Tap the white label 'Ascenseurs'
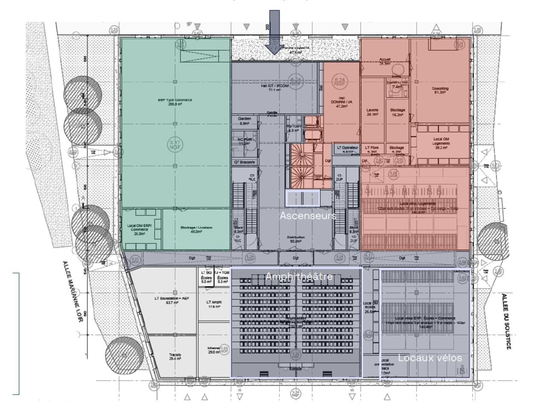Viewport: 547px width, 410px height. pyautogui.click(x=308, y=216)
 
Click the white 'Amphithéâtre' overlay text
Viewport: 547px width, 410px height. pyautogui.click(x=299, y=276)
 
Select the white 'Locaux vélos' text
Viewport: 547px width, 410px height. pyautogui.click(x=430, y=358)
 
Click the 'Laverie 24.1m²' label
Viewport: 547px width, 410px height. pyautogui.click(x=373, y=112)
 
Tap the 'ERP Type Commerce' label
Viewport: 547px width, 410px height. pyautogui.click(x=175, y=102)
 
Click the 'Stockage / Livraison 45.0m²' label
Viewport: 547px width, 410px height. pyautogui.click(x=196, y=230)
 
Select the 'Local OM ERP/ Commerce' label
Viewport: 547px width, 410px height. pyautogui.click(x=139, y=229)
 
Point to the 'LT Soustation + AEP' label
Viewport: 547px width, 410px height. pyautogui.click(x=171, y=301)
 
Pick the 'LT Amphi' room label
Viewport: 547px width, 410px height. pyautogui.click(x=214, y=304)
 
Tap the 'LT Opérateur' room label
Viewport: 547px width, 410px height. pyautogui.click(x=347, y=149)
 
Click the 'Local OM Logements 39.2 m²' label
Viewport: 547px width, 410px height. pyautogui.click(x=441, y=143)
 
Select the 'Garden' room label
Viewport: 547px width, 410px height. pyautogui.click(x=244, y=121)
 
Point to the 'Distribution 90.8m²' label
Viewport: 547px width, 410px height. pyautogui.click(x=296, y=239)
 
